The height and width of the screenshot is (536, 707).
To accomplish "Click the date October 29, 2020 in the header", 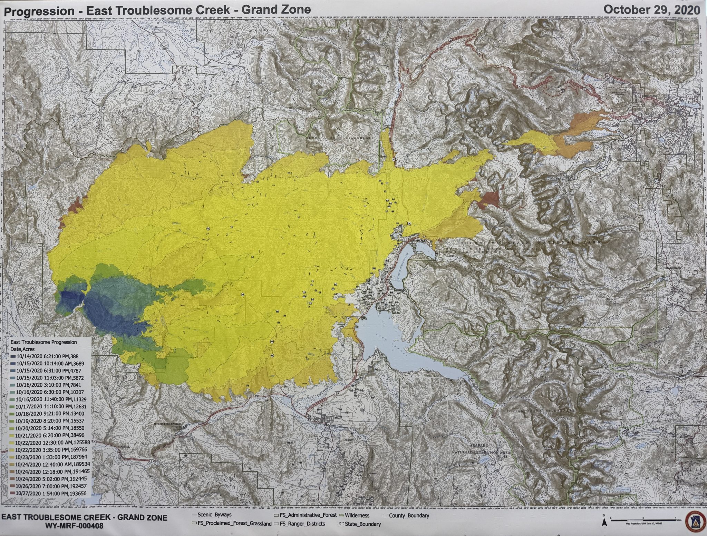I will [651, 9].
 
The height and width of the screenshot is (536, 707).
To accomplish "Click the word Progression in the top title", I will [39, 11].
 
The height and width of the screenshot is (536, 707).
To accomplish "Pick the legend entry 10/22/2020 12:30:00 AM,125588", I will [50, 443].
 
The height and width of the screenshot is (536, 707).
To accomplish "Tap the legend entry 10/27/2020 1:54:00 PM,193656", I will [48, 493].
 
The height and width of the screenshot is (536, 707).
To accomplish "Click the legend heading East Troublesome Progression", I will [43, 342].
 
